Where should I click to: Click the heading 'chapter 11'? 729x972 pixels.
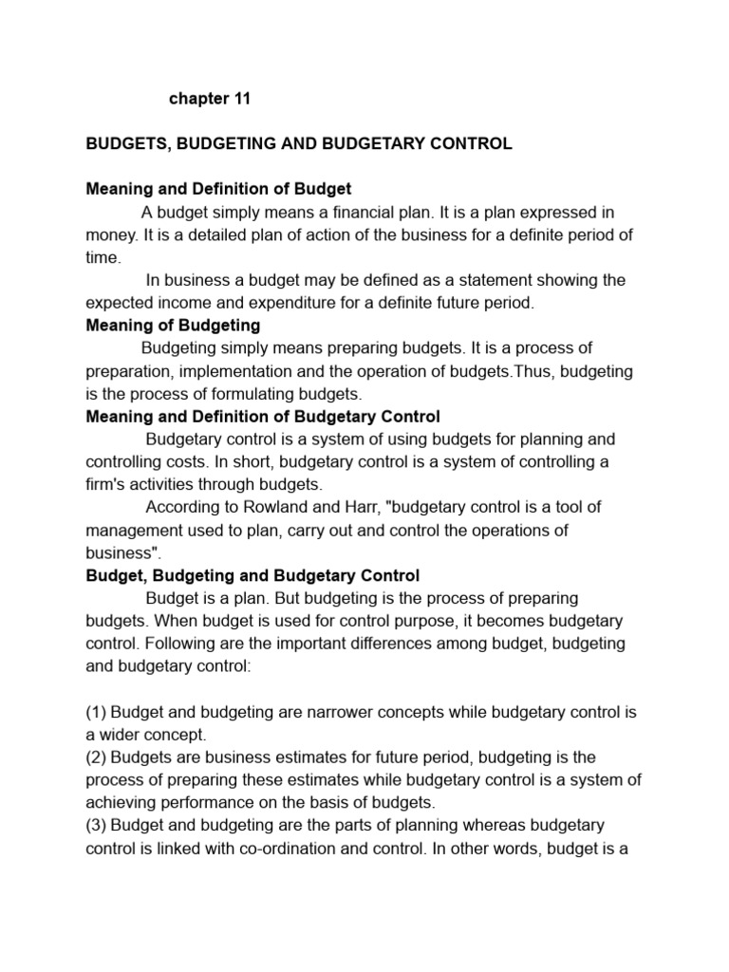point(209,99)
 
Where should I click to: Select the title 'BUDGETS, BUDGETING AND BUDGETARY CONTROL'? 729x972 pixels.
point(299,144)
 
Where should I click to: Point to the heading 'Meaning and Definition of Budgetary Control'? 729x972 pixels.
point(263,417)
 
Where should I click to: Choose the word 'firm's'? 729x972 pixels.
point(107,485)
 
